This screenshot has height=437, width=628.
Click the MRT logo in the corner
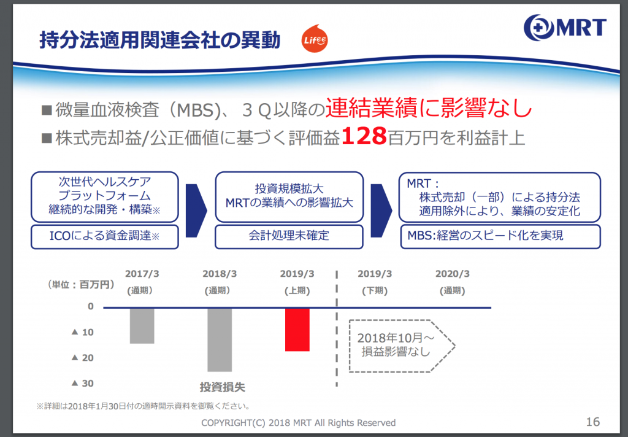(565, 27)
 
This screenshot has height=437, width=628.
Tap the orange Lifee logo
(315, 39)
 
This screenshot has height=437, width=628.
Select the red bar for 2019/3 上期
(297, 330)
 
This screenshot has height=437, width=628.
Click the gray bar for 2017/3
(142, 325)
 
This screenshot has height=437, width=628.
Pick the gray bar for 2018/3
(220, 339)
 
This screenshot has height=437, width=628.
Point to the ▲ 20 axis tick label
(83, 358)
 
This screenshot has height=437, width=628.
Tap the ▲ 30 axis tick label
(83, 383)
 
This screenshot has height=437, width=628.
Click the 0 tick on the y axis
(91, 306)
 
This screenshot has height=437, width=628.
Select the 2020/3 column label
(453, 282)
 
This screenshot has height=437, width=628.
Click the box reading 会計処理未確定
(289, 236)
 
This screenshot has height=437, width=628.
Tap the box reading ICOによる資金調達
(104, 236)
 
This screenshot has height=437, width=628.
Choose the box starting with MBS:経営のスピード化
(500, 236)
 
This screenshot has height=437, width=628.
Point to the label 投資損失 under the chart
(222, 387)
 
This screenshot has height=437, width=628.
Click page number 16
(593, 422)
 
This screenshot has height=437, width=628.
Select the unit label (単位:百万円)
(81, 285)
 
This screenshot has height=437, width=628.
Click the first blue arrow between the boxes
(196, 211)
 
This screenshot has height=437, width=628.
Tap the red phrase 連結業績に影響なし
(429, 108)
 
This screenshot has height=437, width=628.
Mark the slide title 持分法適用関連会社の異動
(160, 40)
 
